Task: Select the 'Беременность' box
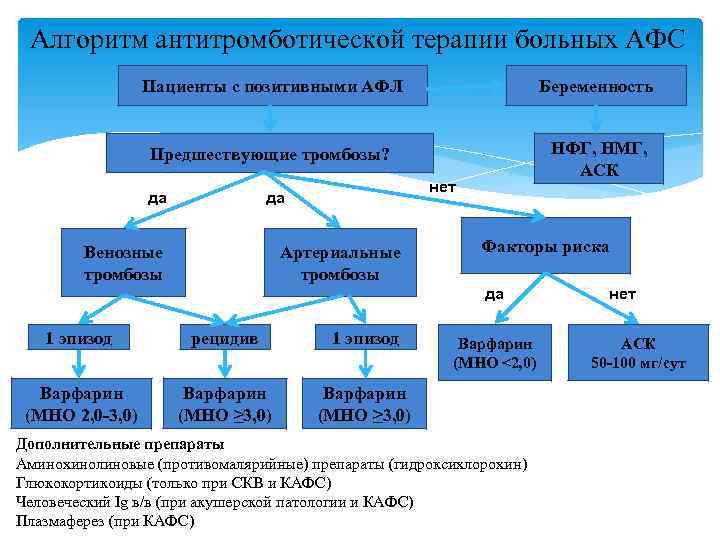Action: pos(599,86)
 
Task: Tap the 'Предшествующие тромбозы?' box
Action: pos(269,155)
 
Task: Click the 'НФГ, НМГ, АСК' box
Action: pos(599,159)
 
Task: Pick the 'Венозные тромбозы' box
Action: pos(123,264)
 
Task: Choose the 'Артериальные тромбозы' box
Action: pos(340,264)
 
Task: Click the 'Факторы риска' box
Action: pos(545,245)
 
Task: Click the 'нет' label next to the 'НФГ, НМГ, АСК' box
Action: pos(442,187)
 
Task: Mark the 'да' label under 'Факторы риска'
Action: pos(494,294)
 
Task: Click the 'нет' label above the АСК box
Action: pos(622,294)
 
